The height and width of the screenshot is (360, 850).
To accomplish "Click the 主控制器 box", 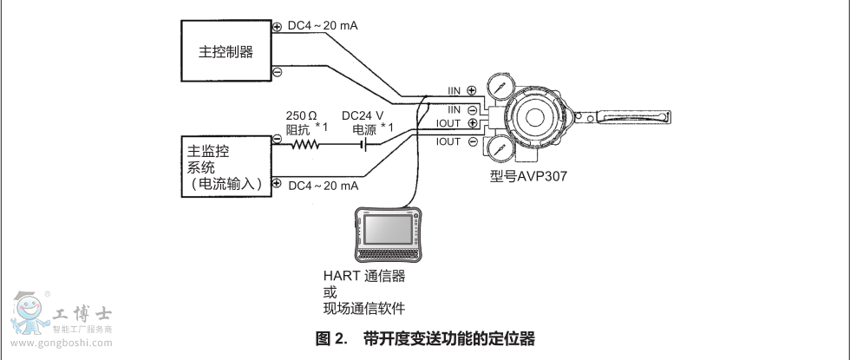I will pos(226,51).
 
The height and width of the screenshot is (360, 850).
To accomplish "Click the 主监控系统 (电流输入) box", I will pos(226,161).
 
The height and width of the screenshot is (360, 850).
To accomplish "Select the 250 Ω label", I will pos(303,115).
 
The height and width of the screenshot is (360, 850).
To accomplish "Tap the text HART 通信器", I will pos(363,276).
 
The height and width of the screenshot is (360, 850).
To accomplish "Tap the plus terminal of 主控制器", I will pos(277,27).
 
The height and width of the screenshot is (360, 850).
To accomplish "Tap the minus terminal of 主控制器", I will pos(277,72).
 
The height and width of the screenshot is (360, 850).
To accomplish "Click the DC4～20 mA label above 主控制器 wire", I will pos(323,26).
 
